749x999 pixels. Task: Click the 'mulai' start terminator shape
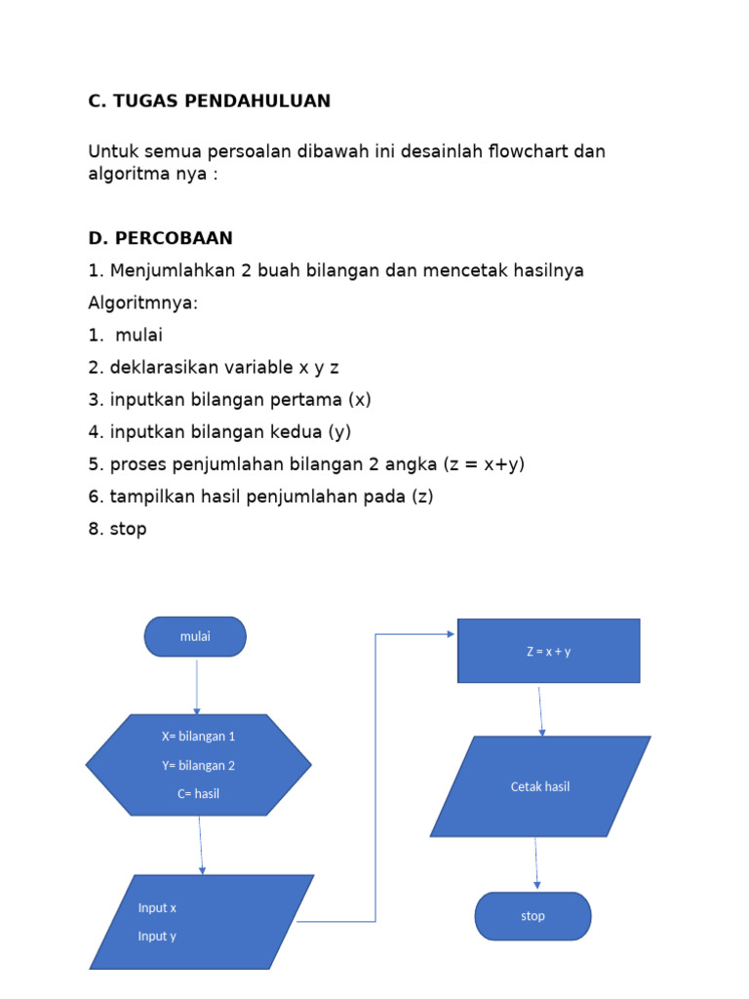pyautogui.click(x=195, y=636)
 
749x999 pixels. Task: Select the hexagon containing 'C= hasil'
pyautogui.click(x=199, y=765)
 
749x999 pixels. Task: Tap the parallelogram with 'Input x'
pyautogui.click(x=202, y=921)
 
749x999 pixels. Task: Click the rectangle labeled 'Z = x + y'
pyautogui.click(x=548, y=651)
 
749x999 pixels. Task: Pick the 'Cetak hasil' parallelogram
pyautogui.click(x=539, y=786)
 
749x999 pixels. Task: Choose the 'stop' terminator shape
pyautogui.click(x=532, y=916)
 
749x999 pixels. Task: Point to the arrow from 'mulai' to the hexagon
pyautogui.click(x=197, y=686)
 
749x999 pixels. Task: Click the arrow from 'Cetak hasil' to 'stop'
pyautogui.click(x=535, y=863)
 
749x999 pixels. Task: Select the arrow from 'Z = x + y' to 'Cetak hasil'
pyautogui.click(x=540, y=709)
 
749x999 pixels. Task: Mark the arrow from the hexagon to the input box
pyautogui.click(x=201, y=844)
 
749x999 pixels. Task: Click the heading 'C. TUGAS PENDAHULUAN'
pyautogui.click(x=210, y=100)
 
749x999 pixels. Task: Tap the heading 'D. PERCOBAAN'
pyautogui.click(x=161, y=238)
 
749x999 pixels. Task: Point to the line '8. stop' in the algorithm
pyautogui.click(x=117, y=529)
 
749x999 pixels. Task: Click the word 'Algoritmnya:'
pyautogui.click(x=142, y=302)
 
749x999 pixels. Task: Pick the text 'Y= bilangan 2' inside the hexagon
pyautogui.click(x=199, y=765)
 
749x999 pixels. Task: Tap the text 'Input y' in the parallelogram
pyautogui.click(x=157, y=936)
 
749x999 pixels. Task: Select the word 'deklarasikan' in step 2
pyautogui.click(x=160, y=367)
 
